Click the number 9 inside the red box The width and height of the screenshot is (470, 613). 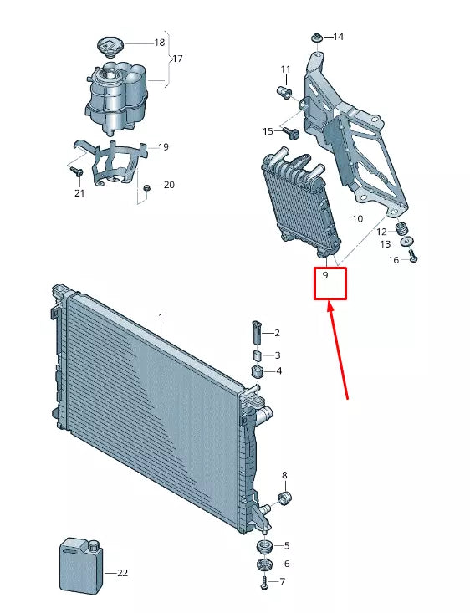pyautogui.click(x=325, y=274)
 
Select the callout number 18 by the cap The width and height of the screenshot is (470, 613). pyautogui.click(x=159, y=42)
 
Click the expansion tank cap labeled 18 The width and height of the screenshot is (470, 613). pyautogui.click(x=110, y=44)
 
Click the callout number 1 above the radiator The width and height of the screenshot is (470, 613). pyautogui.click(x=161, y=318)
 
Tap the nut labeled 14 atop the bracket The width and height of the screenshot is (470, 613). pyautogui.click(x=317, y=38)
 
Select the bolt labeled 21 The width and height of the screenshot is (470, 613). pyautogui.click(x=75, y=171)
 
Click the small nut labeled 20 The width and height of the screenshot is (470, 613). pyautogui.click(x=146, y=187)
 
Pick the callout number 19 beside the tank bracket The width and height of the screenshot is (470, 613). pyautogui.click(x=163, y=147)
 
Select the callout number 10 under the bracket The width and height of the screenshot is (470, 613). pyautogui.click(x=357, y=219)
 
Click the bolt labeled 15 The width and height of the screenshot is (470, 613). pyautogui.click(x=292, y=133)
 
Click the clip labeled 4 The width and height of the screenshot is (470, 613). pyautogui.click(x=258, y=370)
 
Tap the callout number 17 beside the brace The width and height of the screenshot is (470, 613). pyautogui.click(x=176, y=59)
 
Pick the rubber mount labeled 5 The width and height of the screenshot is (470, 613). pyautogui.click(x=263, y=547)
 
